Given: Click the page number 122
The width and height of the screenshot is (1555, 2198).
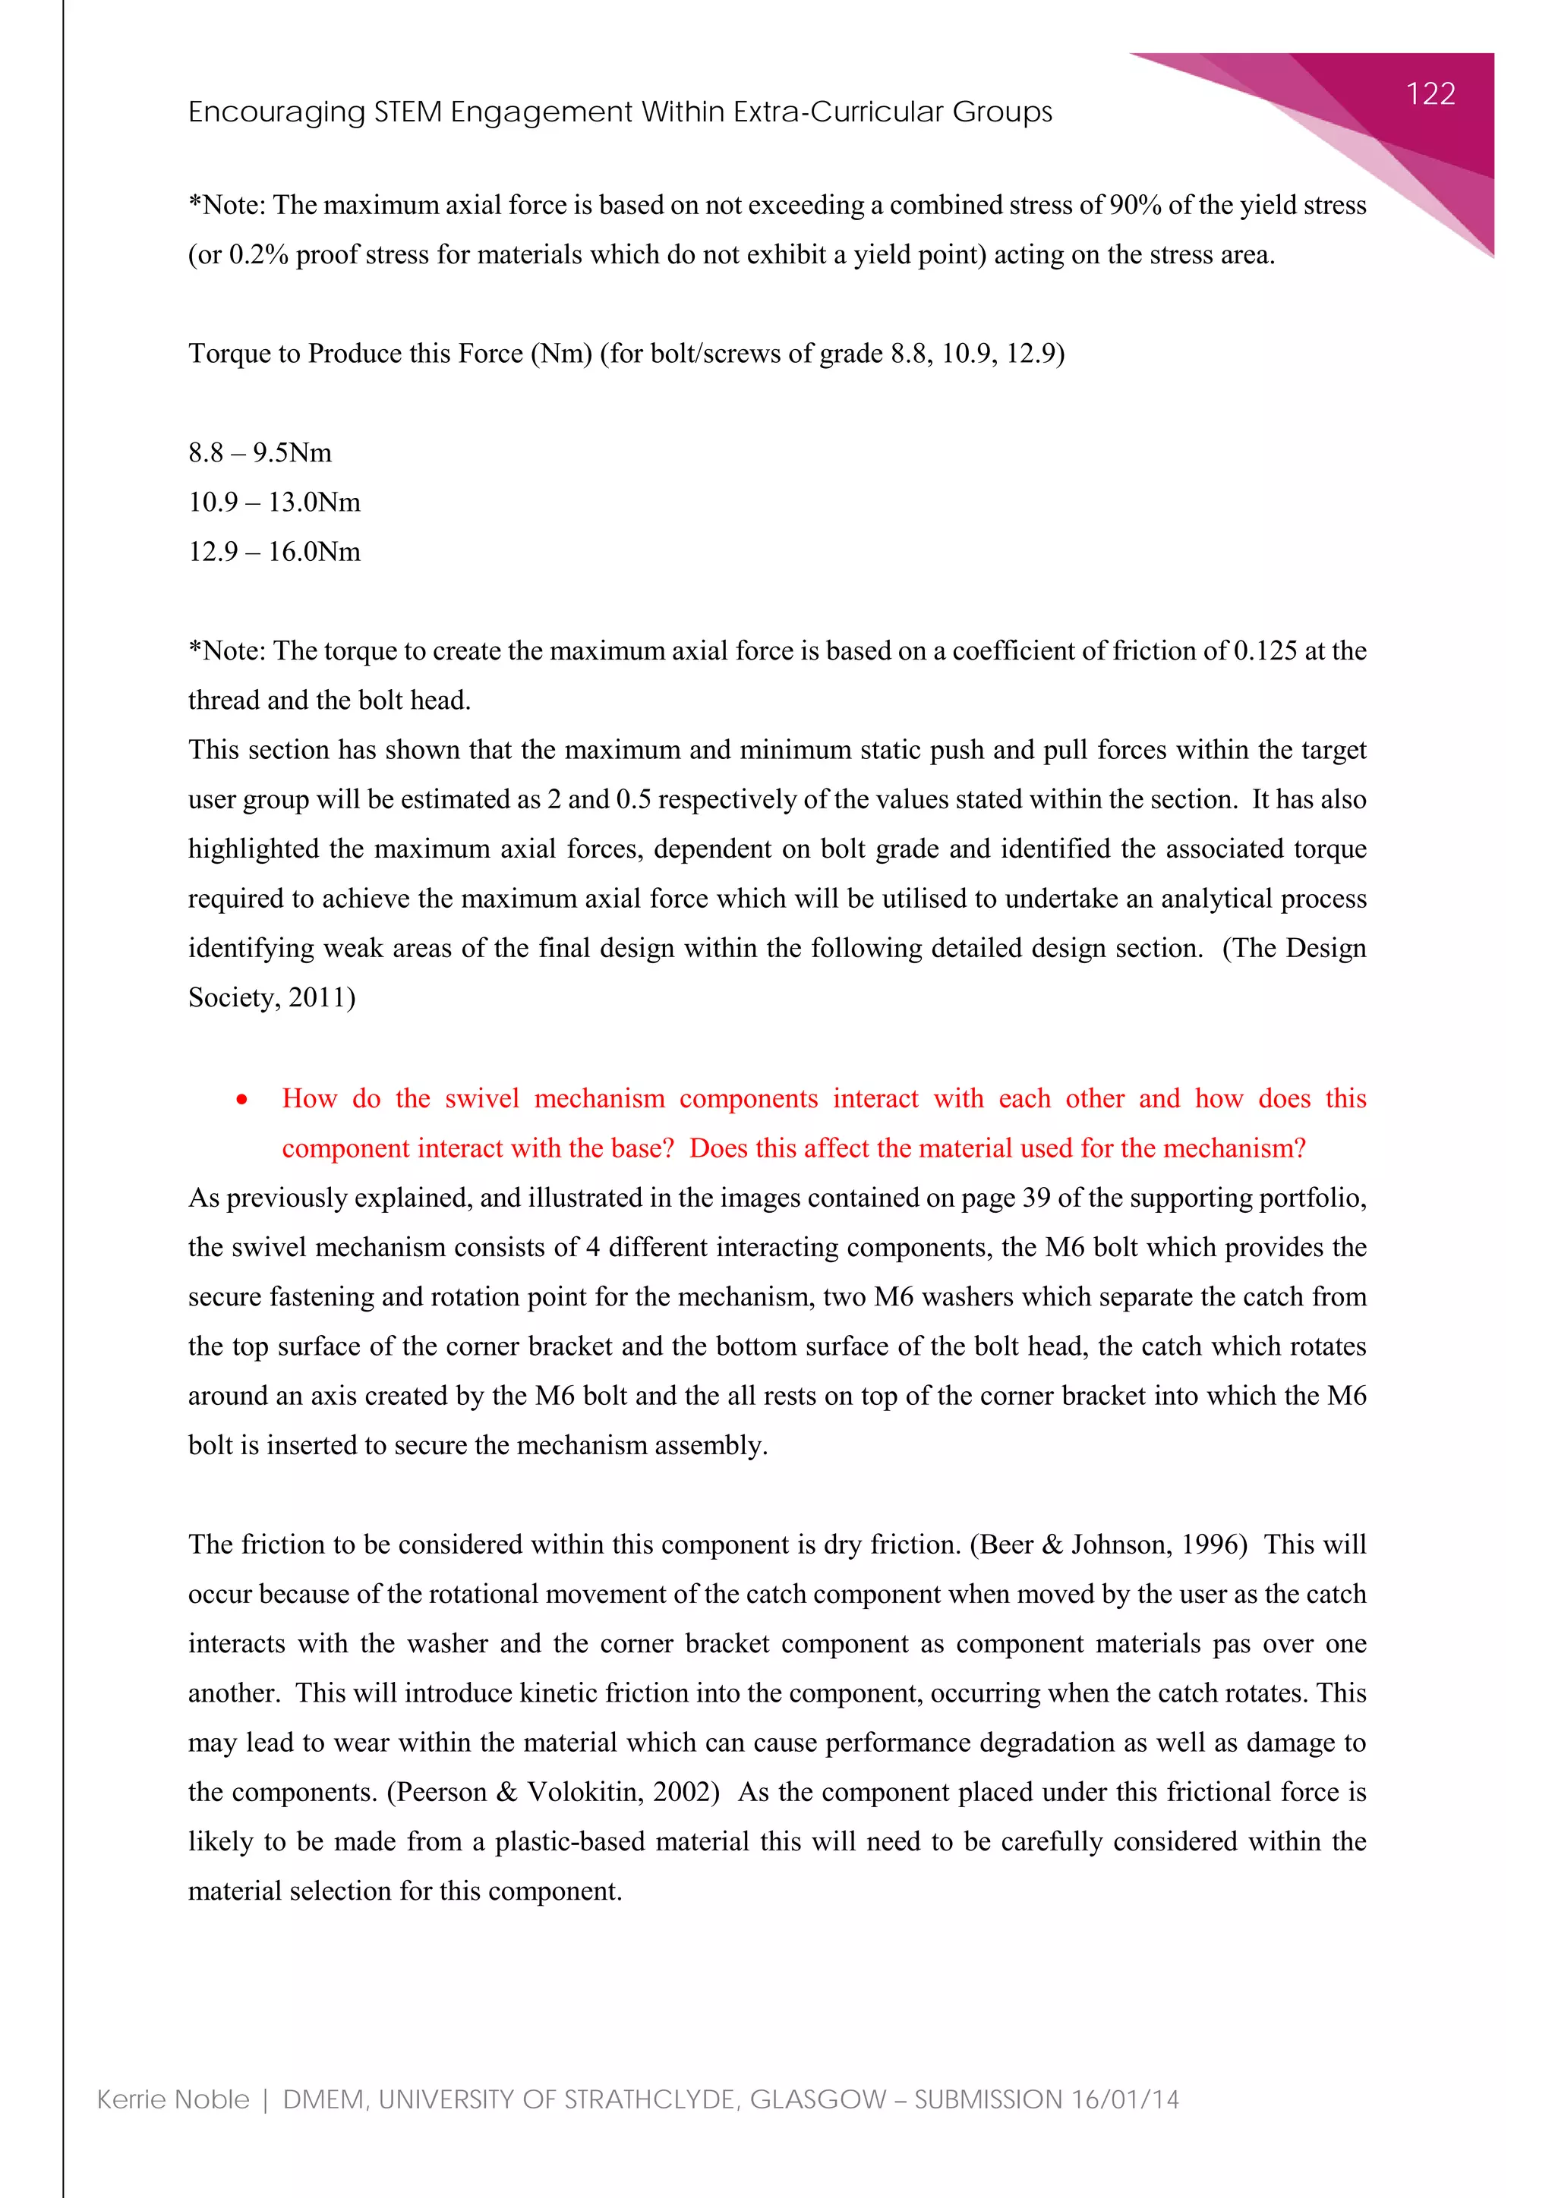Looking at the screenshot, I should (1430, 94).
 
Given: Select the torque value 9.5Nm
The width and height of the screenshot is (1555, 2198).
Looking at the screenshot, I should (292, 453).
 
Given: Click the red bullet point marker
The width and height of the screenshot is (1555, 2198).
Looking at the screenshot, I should (242, 1100).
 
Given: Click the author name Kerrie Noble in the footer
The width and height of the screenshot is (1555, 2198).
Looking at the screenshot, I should (173, 2100).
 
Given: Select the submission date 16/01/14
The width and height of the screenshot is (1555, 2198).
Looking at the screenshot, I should (1125, 2100).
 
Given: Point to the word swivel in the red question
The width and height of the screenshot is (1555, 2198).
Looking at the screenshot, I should (481, 1099).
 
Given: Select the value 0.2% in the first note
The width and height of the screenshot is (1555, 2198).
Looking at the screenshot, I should (257, 255).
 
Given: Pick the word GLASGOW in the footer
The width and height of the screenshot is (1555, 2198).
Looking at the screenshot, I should (818, 2100).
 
